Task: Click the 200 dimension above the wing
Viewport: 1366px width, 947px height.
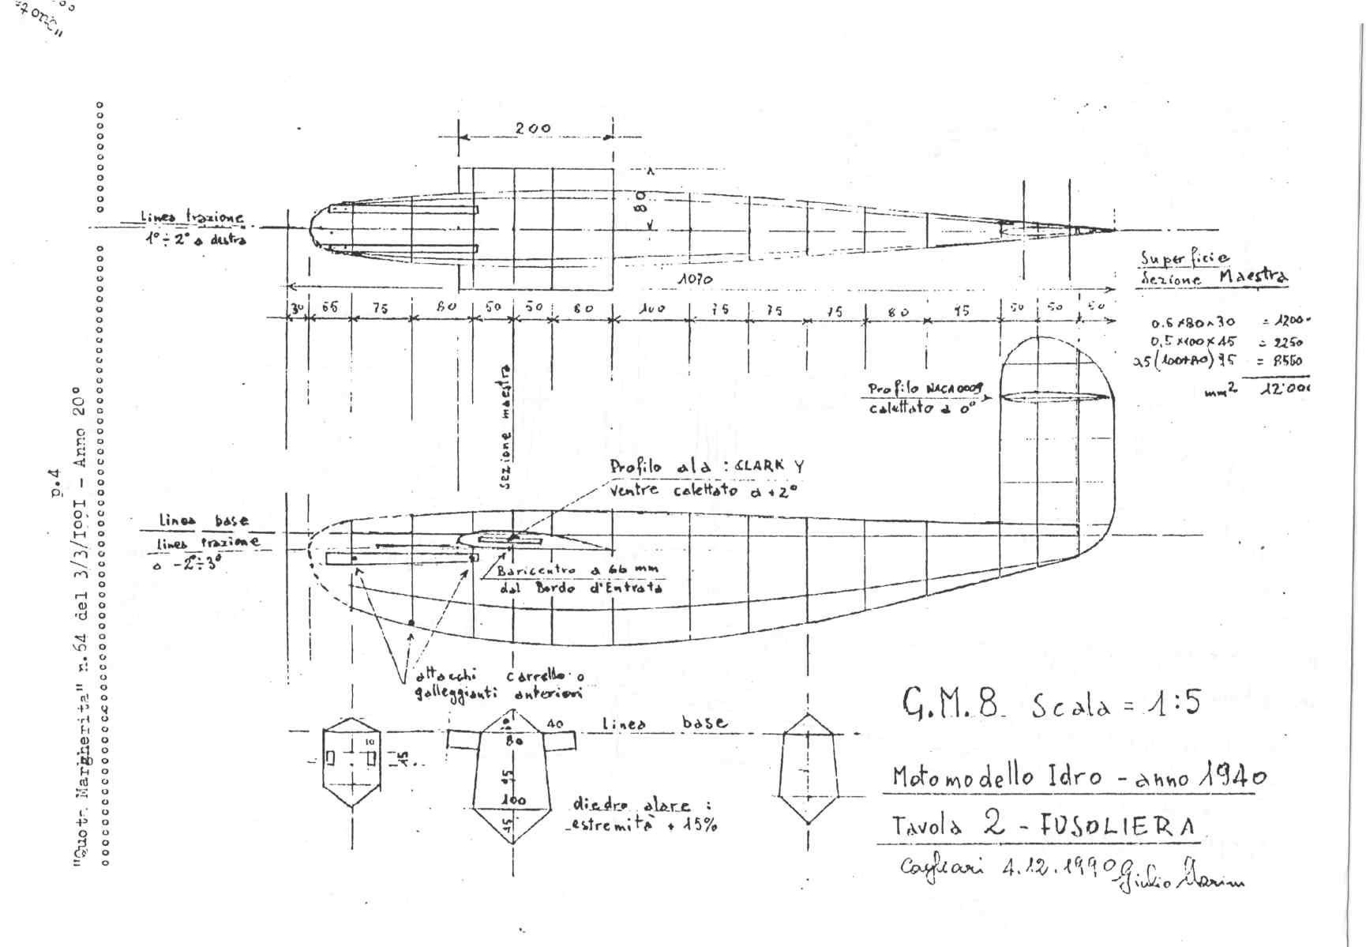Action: coord(534,128)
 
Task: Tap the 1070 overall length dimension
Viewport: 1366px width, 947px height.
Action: coord(695,280)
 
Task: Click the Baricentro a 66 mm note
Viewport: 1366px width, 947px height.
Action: coord(577,570)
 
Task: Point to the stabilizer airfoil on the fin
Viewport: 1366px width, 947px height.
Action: coord(1056,396)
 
